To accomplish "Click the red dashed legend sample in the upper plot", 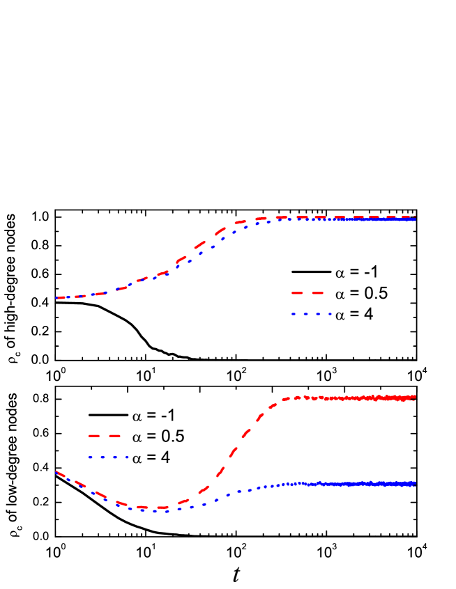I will [307, 293].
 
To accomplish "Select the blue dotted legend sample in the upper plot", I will [311, 314].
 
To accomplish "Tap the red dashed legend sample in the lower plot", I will [105, 436].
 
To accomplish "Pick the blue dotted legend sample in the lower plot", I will [108, 457].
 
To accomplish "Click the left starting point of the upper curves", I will [56, 298].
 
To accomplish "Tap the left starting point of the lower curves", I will [56, 472].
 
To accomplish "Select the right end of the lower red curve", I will [416, 398].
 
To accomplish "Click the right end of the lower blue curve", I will [416, 483].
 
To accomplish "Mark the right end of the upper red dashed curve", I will [416, 217].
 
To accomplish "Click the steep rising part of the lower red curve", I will [237, 446].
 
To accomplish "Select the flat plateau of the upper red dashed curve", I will [335, 217].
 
